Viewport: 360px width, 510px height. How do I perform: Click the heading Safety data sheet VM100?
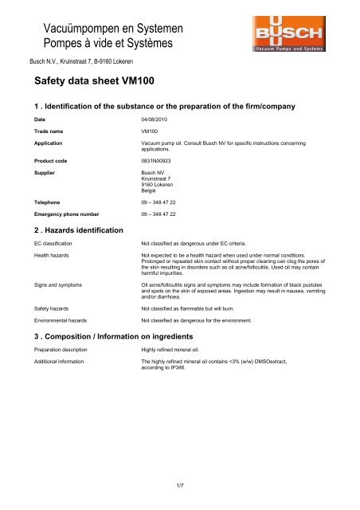click(x=96, y=82)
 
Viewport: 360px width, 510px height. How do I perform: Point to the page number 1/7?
click(x=180, y=483)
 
